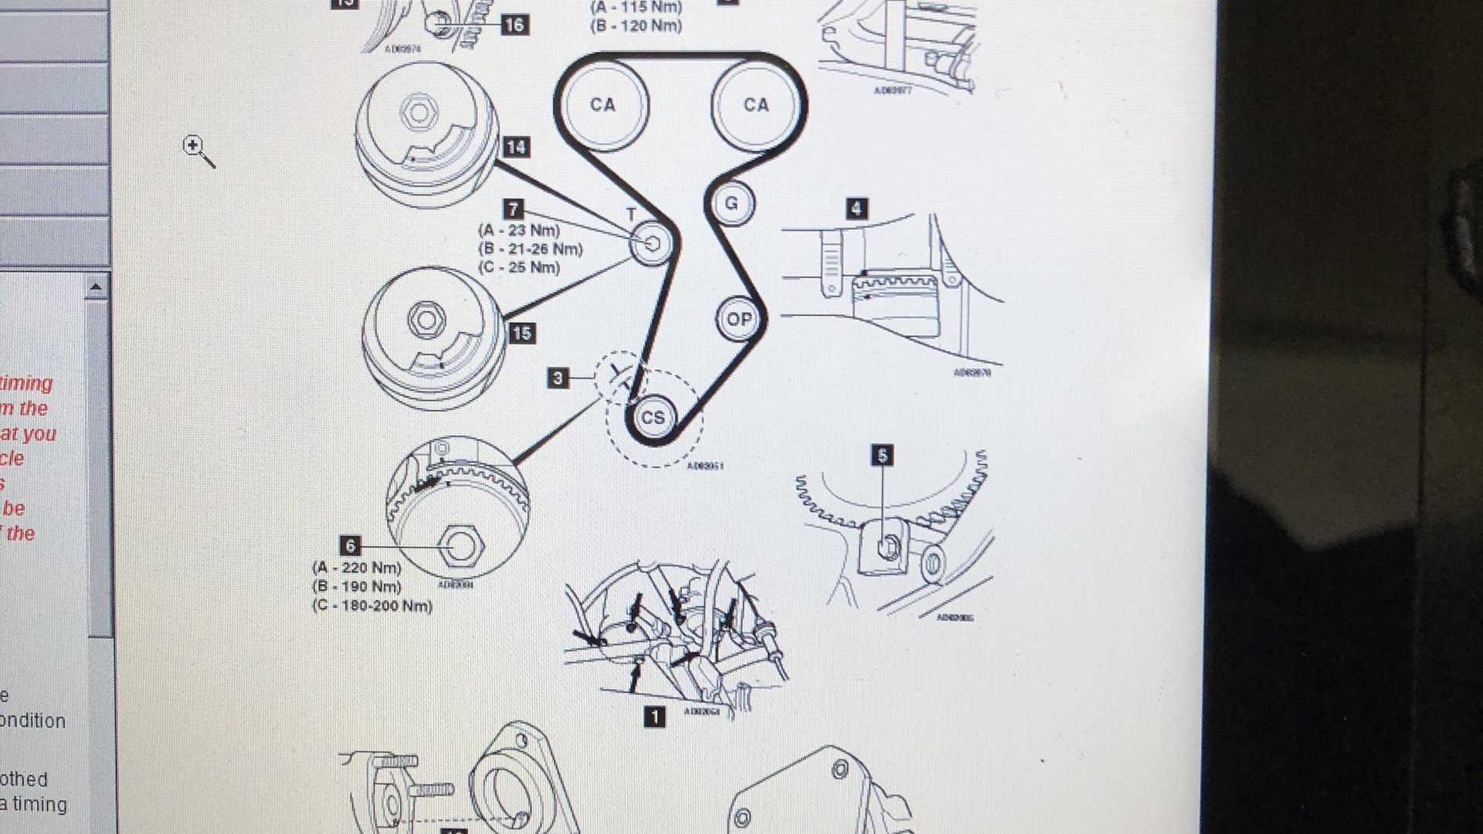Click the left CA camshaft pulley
point(602,105)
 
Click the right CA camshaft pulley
point(755,105)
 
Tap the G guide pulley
point(731,204)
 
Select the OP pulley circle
point(738,319)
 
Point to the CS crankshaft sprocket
point(653,418)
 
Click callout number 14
point(516,147)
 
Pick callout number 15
point(521,333)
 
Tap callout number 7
point(513,208)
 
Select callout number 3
point(558,378)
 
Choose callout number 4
point(856,208)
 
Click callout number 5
point(882,456)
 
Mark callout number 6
point(351,546)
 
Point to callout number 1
point(654,717)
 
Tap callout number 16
point(514,25)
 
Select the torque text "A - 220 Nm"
point(357,568)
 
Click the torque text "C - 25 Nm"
point(519,268)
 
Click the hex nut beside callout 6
point(461,545)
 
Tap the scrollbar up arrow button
point(96,287)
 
